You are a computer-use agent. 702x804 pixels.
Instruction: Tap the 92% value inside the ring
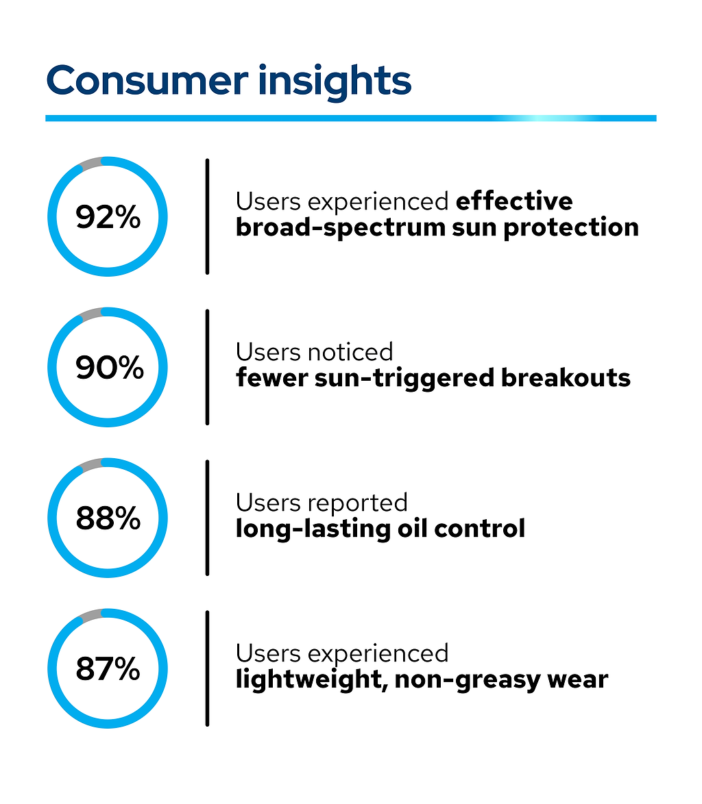click(108, 217)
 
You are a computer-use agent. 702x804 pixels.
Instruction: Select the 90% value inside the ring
click(108, 368)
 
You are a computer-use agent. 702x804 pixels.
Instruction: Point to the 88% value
click(108, 518)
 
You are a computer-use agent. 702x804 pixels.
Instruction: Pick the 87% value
click(108, 669)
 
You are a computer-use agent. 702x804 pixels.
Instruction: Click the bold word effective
click(514, 201)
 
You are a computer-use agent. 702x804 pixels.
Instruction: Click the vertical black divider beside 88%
click(207, 518)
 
